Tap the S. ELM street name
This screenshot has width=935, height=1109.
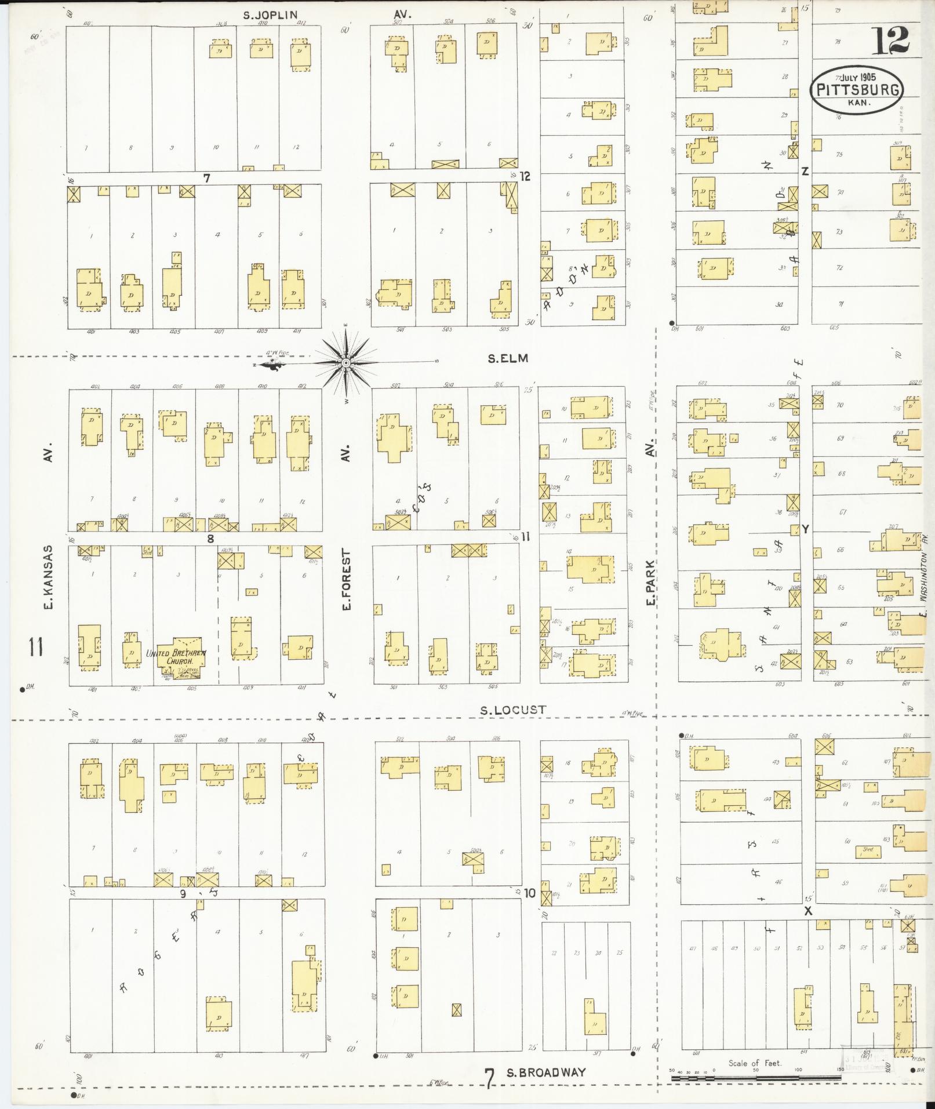(508, 358)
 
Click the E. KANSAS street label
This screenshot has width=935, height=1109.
(49, 577)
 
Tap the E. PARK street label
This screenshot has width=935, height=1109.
(651, 583)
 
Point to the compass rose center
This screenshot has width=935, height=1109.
(346, 363)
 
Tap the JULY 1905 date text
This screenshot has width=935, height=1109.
(856, 76)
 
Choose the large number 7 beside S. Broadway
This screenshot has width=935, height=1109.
(490, 1079)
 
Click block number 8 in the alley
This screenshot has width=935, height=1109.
(210, 539)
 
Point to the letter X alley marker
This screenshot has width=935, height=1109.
(808, 911)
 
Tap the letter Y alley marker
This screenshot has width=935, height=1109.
(805, 528)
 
